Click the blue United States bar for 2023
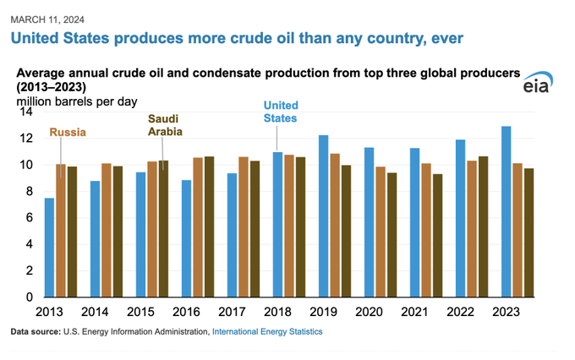[x=506, y=211]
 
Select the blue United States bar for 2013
[x=49, y=248]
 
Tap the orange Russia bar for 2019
[x=335, y=225]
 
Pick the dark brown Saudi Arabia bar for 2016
[x=209, y=226]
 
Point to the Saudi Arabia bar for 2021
[x=437, y=236]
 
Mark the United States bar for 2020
[x=369, y=222]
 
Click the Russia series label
[x=68, y=132]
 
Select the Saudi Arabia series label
[x=165, y=125]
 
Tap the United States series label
[x=281, y=112]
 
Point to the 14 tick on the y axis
[x=26, y=112]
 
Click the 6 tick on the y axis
[x=30, y=218]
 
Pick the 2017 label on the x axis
[x=232, y=312]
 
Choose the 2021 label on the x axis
[x=414, y=312]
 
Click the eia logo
[x=538, y=82]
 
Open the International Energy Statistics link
[x=267, y=332]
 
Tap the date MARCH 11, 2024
[x=47, y=19]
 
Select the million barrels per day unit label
[x=77, y=101]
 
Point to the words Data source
[x=36, y=332]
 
